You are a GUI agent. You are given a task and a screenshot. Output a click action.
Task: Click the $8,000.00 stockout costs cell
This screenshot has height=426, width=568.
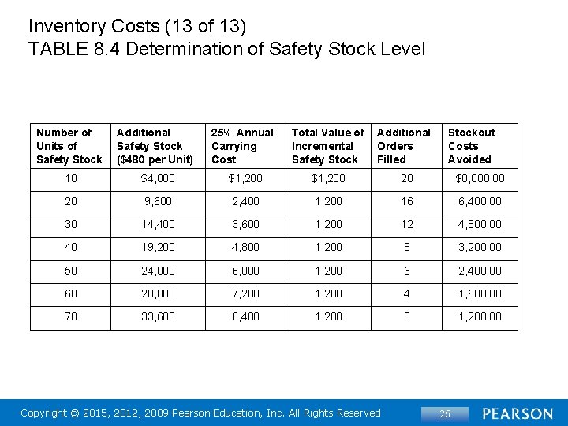pos(480,178)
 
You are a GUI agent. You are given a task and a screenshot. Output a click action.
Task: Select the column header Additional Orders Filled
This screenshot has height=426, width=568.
pos(403,146)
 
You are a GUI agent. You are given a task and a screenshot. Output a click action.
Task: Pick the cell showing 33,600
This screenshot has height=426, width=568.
pos(158,316)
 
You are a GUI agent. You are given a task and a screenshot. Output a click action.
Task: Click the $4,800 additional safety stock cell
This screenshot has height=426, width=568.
pos(158,178)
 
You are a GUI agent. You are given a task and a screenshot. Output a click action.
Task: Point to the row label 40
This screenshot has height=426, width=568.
pos(71,247)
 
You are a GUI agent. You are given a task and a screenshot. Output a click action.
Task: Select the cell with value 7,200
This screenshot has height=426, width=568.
pos(245,293)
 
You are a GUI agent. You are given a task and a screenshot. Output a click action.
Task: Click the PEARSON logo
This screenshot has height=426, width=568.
pos(518,413)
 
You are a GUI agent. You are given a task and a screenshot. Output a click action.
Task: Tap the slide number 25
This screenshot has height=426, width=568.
pos(444,414)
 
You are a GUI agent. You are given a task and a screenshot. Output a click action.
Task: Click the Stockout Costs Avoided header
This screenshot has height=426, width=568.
pos(472,146)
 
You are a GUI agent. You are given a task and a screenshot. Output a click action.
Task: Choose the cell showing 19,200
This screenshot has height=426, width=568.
pos(158,247)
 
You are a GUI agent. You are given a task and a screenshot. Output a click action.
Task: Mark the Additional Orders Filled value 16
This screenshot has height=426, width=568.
pos(406,201)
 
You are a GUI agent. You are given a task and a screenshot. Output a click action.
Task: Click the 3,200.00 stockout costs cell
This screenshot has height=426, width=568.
pos(480,247)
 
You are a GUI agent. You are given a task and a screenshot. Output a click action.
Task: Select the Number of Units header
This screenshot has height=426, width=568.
pos(69,146)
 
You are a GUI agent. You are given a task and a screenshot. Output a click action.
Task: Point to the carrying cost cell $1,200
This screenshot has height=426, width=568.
pos(245,178)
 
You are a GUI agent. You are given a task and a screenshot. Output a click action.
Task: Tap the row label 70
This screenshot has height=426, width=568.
pos(71,316)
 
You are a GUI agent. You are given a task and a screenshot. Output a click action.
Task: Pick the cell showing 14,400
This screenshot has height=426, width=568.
pos(158,224)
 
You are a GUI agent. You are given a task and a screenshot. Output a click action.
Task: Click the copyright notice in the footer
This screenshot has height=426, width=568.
pos(200,413)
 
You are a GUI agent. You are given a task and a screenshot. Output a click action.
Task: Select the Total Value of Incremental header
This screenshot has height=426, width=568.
pos(327,146)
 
